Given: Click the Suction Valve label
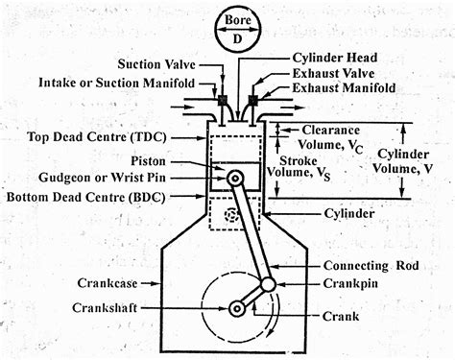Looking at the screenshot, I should (x=157, y=64).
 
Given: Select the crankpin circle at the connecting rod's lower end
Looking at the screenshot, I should (x=268, y=284).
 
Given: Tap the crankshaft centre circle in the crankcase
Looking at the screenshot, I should (x=235, y=308).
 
